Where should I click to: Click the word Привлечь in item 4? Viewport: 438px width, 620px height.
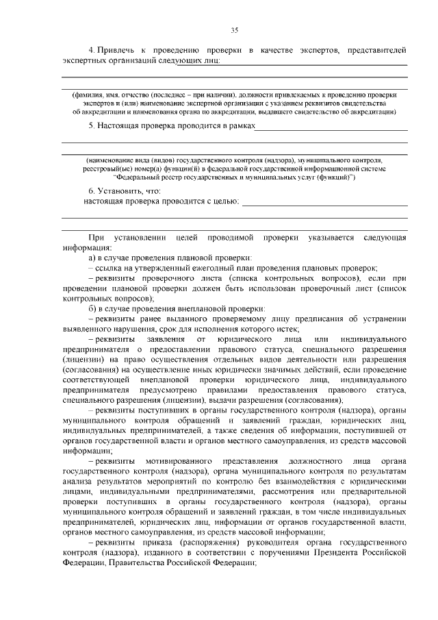point(118,51)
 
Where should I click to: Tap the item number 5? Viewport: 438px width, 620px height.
point(91,126)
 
